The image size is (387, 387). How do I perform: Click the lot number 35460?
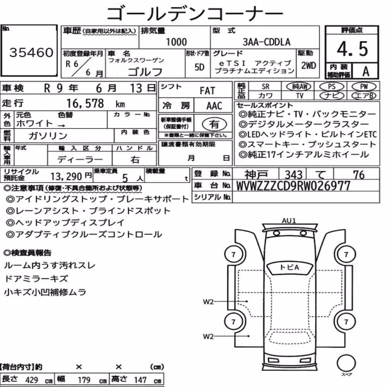pyautogui.click(x=31, y=52)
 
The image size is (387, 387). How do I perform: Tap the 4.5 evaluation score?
pyautogui.click(x=352, y=49)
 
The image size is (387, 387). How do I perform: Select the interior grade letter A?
pyautogui.click(x=366, y=72)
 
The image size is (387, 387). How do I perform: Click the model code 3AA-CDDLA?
pyautogui.click(x=267, y=42)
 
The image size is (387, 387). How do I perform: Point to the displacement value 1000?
pyautogui.click(x=176, y=42)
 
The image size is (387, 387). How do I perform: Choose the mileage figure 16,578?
pyautogui.click(x=85, y=103)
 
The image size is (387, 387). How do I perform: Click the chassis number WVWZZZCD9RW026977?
pyautogui.click(x=293, y=186)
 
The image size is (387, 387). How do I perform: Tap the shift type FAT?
pyautogui.click(x=207, y=91)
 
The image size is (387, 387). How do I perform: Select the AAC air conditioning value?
pyautogui.click(x=214, y=106)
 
